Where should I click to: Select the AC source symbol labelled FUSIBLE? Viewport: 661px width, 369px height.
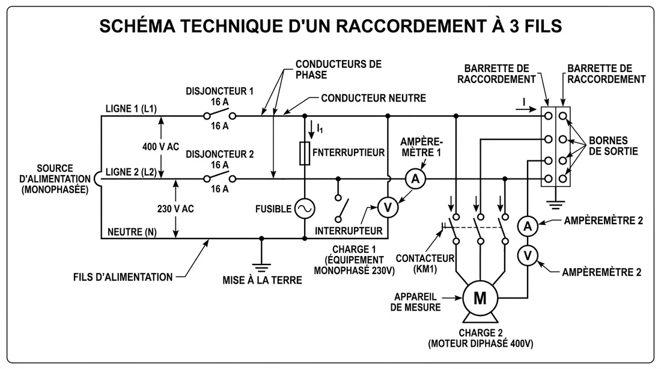(304, 209)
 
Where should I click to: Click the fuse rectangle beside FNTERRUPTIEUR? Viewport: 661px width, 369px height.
(304, 153)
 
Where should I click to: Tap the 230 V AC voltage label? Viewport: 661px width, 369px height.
(175, 209)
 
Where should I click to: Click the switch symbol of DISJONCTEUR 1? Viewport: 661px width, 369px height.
(219, 115)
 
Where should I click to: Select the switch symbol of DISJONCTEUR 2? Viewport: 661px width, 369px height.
(219, 178)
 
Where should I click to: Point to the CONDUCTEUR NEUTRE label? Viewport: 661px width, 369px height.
(373, 97)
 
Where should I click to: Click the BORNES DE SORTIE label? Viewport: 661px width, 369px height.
(612, 147)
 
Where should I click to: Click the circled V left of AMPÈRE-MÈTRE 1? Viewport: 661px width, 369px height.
(388, 207)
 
